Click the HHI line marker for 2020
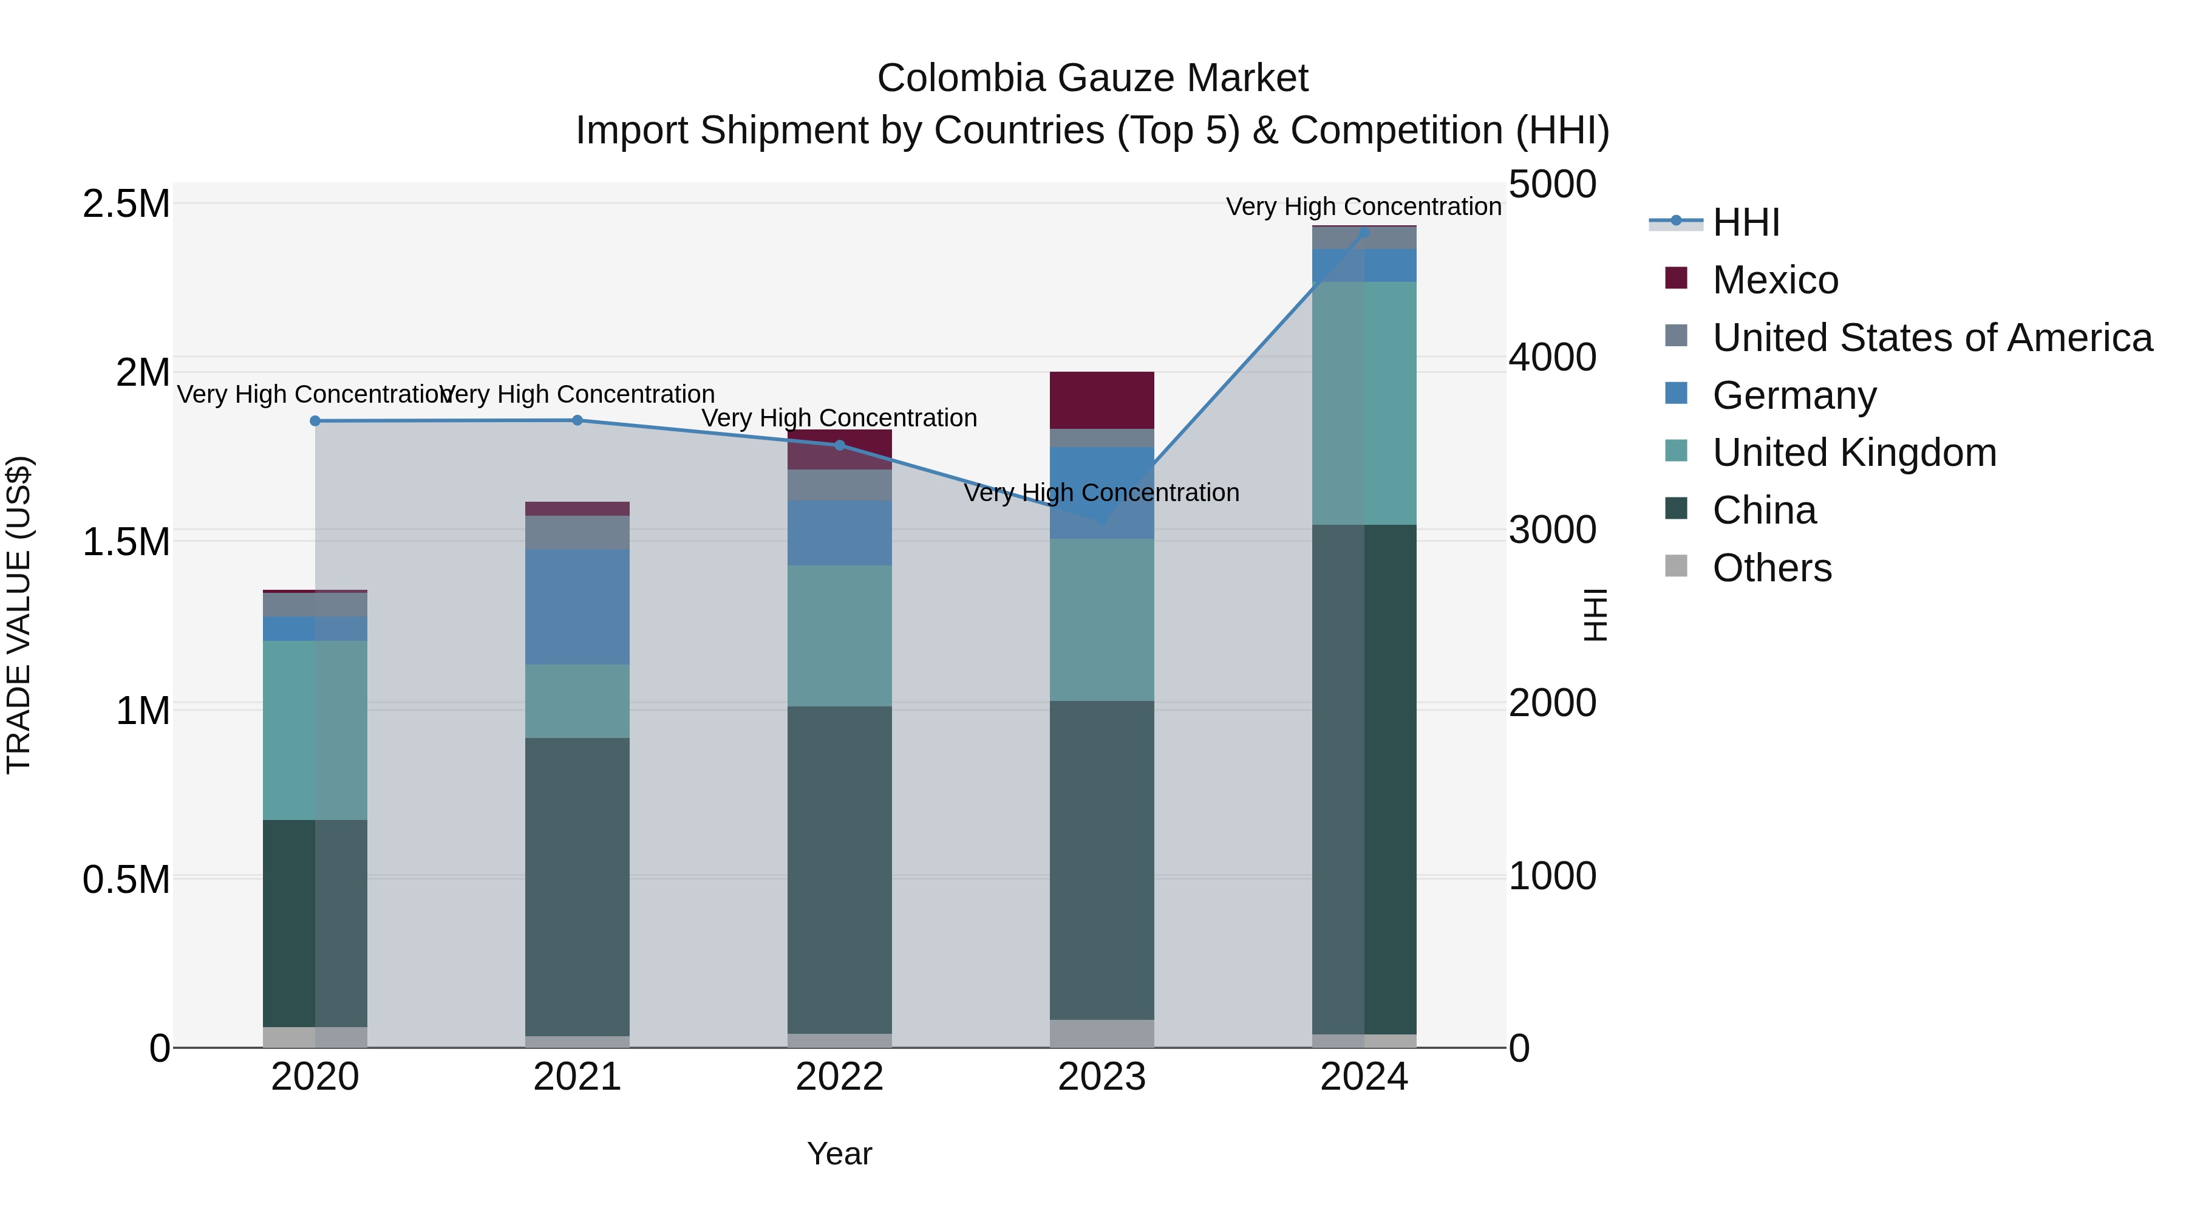[315, 421]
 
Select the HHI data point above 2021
[577, 420]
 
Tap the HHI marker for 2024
[1364, 232]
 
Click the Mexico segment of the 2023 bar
[1102, 400]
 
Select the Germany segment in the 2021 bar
[577, 606]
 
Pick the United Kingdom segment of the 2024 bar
[1364, 403]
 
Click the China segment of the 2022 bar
[839, 869]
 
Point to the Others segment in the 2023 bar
[1102, 1033]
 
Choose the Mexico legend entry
[1774, 280]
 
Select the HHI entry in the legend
[1746, 222]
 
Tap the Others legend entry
[1771, 568]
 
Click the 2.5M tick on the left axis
[126, 205]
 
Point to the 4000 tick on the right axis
[1552, 357]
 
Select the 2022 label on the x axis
[839, 1077]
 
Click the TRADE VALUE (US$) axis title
[19, 615]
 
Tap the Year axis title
[839, 1153]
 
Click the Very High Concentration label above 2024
[1364, 207]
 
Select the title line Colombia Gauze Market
[1092, 78]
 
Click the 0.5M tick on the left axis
[126, 880]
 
